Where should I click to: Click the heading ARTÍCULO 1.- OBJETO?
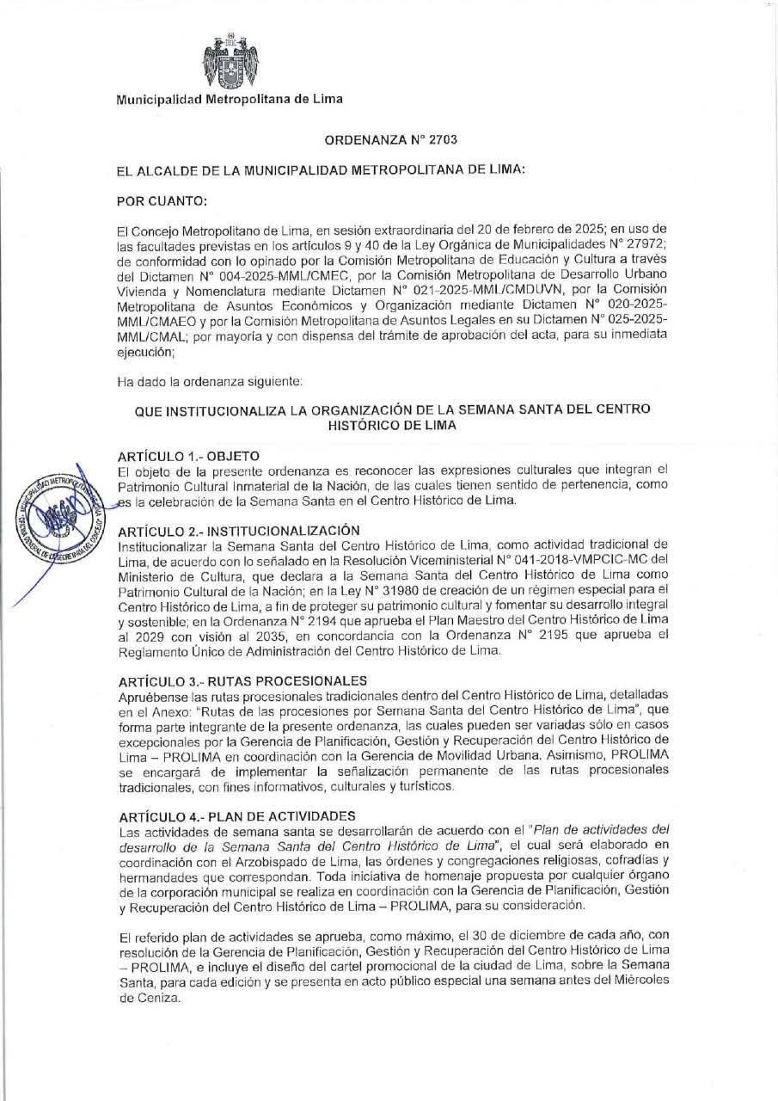click(188, 455)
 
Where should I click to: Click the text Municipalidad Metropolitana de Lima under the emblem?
click(230, 99)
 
